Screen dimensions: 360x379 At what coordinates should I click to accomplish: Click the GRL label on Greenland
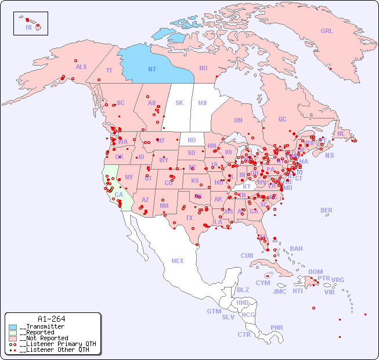click(x=327, y=31)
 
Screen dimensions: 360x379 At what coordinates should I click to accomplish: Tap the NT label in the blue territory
click(x=152, y=69)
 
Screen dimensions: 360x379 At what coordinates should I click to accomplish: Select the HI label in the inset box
click(x=28, y=27)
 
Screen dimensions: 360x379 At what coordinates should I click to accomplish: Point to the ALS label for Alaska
click(x=81, y=67)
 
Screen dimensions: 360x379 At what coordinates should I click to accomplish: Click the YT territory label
click(x=109, y=70)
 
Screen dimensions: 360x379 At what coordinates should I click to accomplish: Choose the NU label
click(x=203, y=68)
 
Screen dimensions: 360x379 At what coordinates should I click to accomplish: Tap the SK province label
click(x=179, y=103)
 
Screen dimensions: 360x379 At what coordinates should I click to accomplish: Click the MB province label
click(x=202, y=103)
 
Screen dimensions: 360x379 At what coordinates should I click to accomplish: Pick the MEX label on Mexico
click(x=178, y=261)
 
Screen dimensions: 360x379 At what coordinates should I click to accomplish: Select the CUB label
click(x=247, y=255)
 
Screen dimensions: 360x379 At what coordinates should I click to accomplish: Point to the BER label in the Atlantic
click(x=326, y=210)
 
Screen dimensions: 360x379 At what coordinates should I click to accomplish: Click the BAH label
click(x=296, y=249)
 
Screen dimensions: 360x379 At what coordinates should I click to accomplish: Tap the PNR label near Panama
click(x=277, y=327)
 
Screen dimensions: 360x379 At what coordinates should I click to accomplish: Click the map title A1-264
click(x=51, y=319)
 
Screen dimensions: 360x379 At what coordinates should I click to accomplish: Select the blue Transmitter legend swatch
click(x=13, y=327)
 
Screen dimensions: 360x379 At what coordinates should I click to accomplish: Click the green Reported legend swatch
click(x=13, y=333)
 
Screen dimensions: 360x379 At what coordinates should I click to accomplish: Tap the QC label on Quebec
click(x=282, y=119)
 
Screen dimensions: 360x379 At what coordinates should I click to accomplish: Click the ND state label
click(x=192, y=140)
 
